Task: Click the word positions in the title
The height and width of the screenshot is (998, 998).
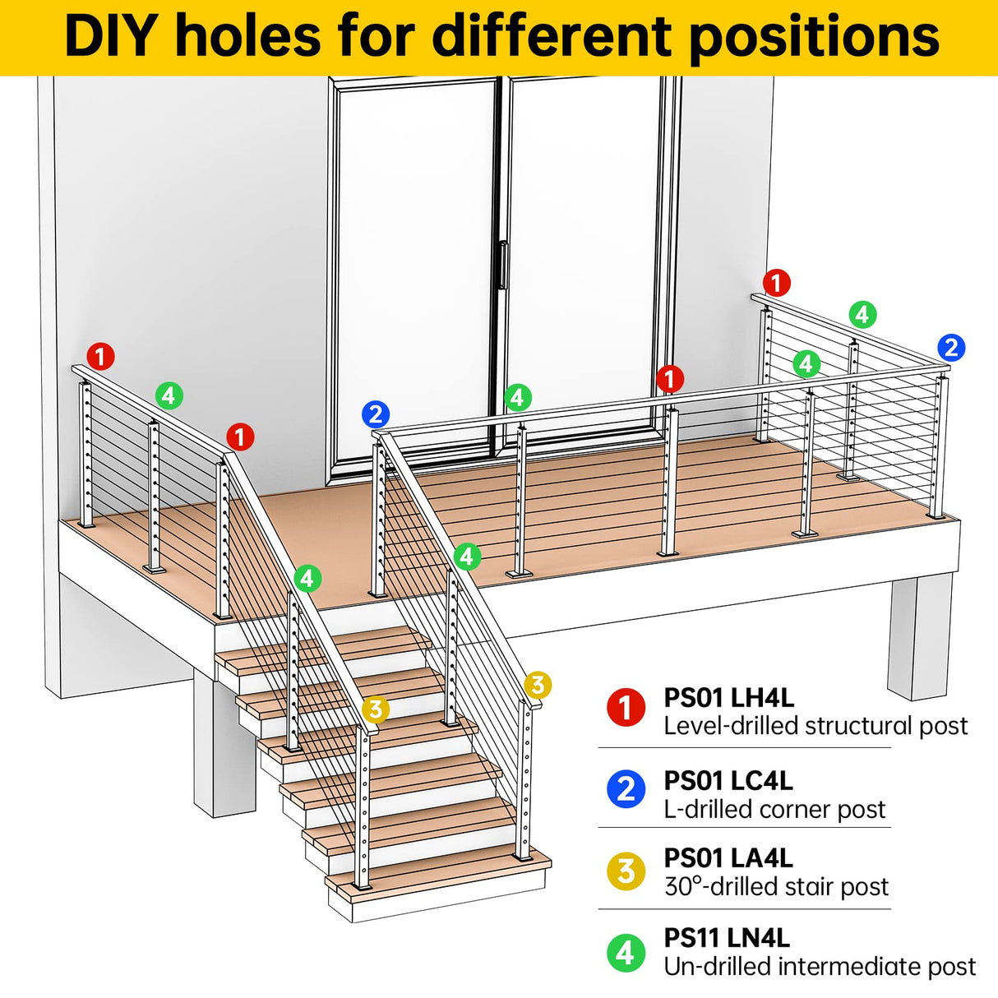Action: pos(814,37)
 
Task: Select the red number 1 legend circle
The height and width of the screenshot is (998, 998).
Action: pos(626,707)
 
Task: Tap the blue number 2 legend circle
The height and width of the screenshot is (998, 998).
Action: pos(626,789)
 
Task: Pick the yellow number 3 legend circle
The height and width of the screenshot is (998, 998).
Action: pos(626,870)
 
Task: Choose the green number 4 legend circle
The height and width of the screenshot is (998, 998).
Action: pos(626,952)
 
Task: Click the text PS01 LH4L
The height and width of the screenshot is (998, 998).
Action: pos(728,698)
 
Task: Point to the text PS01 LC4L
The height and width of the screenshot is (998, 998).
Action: pos(728,780)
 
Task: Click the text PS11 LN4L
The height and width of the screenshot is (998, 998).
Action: pos(727,938)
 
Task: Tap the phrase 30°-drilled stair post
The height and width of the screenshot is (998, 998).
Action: pos(776,886)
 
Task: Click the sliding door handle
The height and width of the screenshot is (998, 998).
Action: pos(502,265)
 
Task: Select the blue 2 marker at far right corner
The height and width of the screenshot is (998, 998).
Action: pos(951,348)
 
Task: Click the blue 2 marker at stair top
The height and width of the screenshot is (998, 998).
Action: pos(375,414)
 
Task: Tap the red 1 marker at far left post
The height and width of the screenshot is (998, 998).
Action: pos(100,357)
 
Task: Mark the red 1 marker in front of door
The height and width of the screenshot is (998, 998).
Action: pos(670,379)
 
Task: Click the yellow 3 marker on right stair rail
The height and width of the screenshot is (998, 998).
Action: pos(537,684)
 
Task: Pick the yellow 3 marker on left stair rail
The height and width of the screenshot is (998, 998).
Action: pos(375,709)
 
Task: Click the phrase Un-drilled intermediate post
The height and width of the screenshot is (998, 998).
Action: pos(820,967)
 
